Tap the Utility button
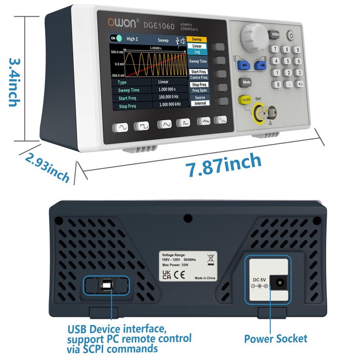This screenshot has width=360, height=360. (x=275, y=35)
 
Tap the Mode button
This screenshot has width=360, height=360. (x=247, y=82)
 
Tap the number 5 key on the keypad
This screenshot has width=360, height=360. (x=286, y=61)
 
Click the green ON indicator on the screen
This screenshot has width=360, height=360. (x=116, y=39)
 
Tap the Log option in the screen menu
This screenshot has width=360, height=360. (x=197, y=52)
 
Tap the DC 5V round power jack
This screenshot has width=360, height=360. (x=280, y=283)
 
